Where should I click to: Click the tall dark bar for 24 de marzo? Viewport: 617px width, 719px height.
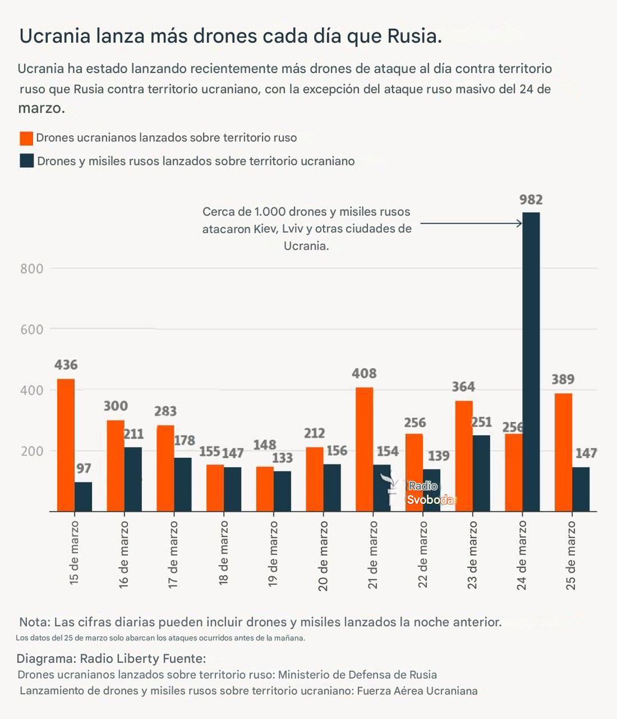(531, 359)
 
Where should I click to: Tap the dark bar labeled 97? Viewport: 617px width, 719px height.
(83, 497)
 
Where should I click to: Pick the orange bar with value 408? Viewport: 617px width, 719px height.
(364, 449)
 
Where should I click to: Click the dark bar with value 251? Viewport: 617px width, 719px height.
(481, 473)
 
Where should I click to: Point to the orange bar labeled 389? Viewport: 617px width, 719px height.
(563, 452)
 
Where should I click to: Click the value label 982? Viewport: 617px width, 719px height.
(531, 200)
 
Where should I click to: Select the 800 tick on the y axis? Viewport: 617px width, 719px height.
(32, 268)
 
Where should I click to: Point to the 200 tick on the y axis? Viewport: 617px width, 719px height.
(32, 451)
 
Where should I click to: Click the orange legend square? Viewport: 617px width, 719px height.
(26, 138)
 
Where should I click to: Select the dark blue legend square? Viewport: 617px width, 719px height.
(26, 161)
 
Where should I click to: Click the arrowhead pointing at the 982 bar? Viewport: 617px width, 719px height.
(519, 223)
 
